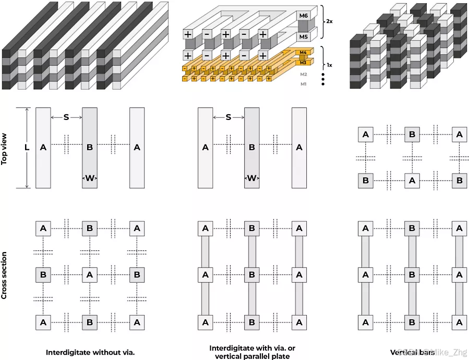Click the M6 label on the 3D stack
click(304, 17)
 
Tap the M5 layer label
click(304, 37)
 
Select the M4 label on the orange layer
click(303, 53)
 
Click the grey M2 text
click(304, 74)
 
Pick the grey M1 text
click(304, 84)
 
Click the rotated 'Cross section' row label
click(5, 275)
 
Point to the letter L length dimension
click(27, 148)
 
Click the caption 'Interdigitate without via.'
click(90, 352)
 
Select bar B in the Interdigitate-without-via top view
click(90, 148)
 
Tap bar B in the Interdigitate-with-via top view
click(252, 148)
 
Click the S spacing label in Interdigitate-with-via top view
click(229, 117)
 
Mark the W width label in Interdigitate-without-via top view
click(90, 178)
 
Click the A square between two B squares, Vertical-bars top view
click(412, 181)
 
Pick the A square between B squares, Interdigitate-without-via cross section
click(90, 275)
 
